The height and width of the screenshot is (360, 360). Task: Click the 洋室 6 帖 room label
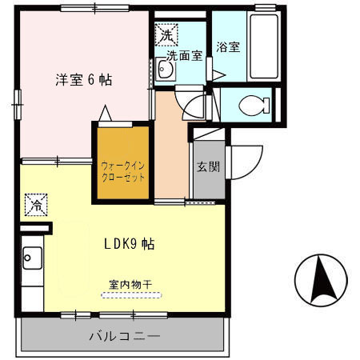coord(83,80)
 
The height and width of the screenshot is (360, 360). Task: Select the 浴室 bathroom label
coord(228,47)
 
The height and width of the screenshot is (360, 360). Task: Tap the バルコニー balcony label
coord(124,336)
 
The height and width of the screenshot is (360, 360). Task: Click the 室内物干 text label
coord(131,283)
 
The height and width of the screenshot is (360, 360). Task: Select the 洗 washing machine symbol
coord(167,35)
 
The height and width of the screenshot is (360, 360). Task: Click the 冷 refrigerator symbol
coord(36,205)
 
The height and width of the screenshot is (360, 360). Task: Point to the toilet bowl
coord(251,104)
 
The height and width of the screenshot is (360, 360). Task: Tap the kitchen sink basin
coord(33,258)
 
